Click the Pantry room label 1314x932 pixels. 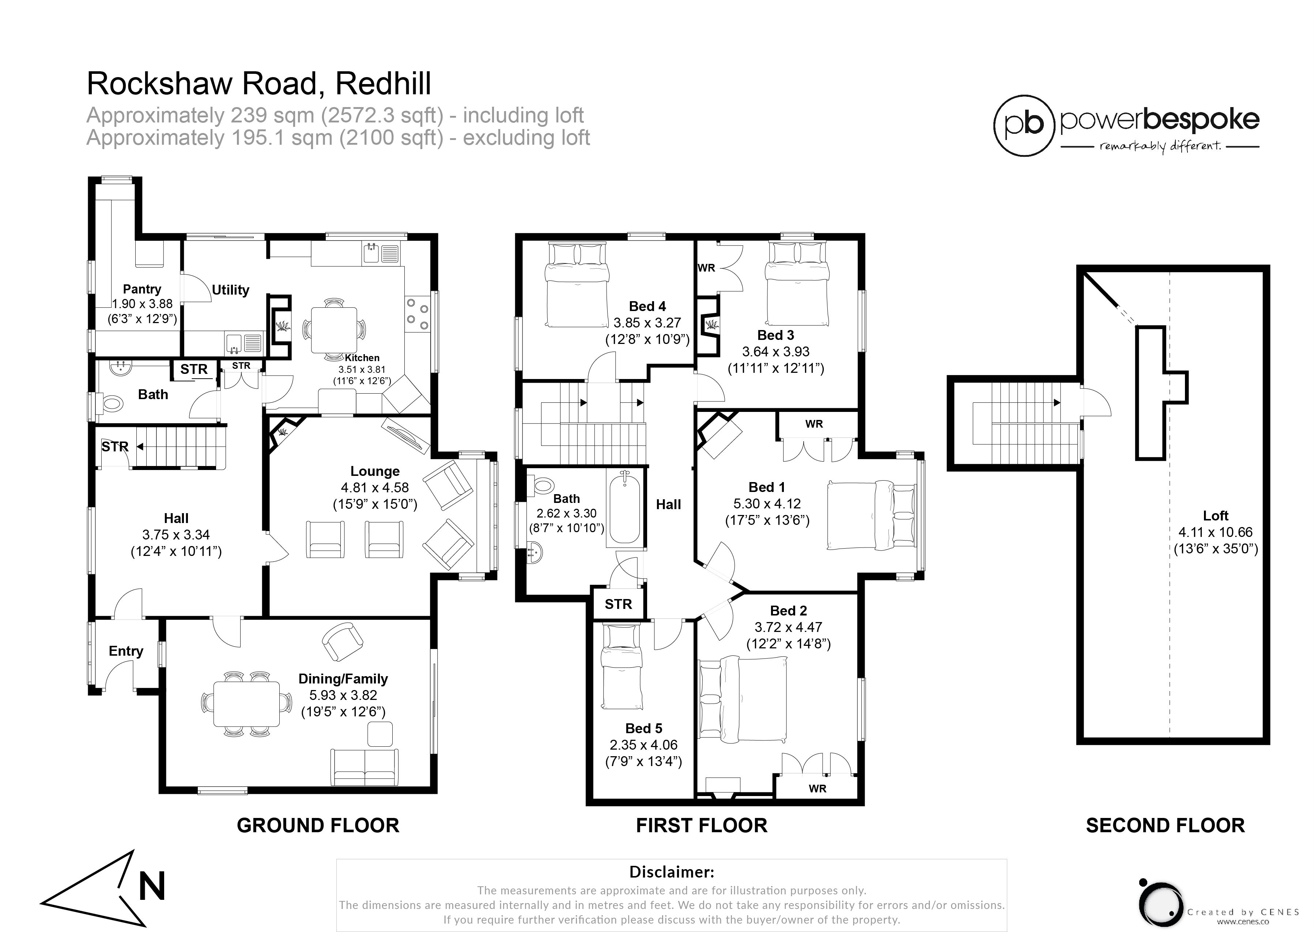tap(142, 289)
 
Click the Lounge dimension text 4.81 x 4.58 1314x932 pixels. tap(375, 488)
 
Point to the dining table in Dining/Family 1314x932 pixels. tap(247, 704)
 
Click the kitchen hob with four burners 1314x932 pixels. tap(417, 314)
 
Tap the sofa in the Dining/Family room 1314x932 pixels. tap(364, 767)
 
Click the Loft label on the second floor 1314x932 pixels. tap(1215, 515)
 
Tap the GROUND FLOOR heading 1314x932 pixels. tap(318, 825)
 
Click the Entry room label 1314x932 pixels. tap(126, 651)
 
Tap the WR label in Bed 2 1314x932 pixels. tap(818, 788)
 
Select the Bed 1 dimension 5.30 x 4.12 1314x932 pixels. tap(767, 503)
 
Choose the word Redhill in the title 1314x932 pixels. tap(383, 84)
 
